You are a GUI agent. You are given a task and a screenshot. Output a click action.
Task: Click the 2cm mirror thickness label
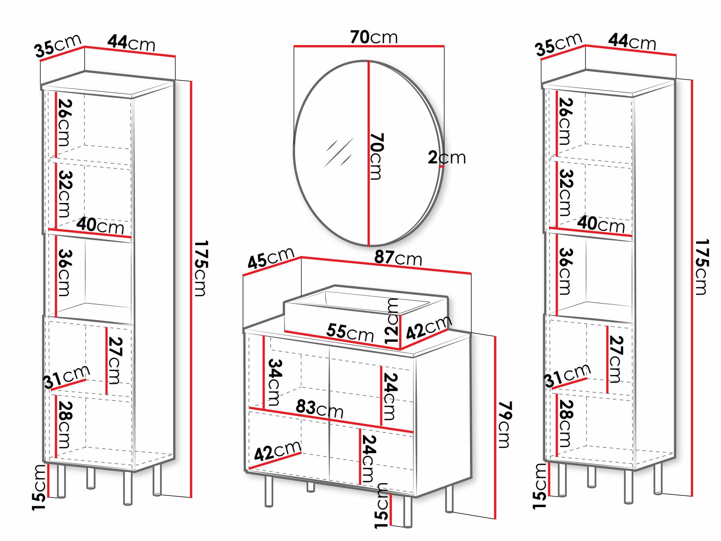tap(447, 157)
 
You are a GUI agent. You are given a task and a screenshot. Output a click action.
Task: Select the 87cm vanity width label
tap(398, 258)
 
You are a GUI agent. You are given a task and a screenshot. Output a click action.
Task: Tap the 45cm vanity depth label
tap(271, 258)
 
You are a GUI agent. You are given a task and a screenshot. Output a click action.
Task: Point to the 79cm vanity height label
tap(505, 425)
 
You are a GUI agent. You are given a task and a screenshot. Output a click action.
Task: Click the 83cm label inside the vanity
tap(320, 409)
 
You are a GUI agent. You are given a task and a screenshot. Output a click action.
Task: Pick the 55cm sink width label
tap(350, 333)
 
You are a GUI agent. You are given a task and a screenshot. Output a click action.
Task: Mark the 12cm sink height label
tap(392, 321)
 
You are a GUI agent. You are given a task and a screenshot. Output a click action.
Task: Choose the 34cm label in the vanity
tap(274, 382)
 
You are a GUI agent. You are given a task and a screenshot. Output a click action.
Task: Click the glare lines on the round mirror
tap(339, 152)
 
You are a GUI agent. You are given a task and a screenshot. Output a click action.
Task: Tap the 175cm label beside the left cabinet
tap(201, 268)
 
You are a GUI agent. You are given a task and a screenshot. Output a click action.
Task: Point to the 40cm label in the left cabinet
tap(100, 226)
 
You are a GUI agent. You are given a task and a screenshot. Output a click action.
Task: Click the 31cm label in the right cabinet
tap(567, 375)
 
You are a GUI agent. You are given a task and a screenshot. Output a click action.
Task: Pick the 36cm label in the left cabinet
tap(65, 272)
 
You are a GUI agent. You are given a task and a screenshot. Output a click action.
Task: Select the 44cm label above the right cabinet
tap(632, 42)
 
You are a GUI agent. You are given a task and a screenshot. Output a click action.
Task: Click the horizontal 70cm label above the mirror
tap(374, 37)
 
